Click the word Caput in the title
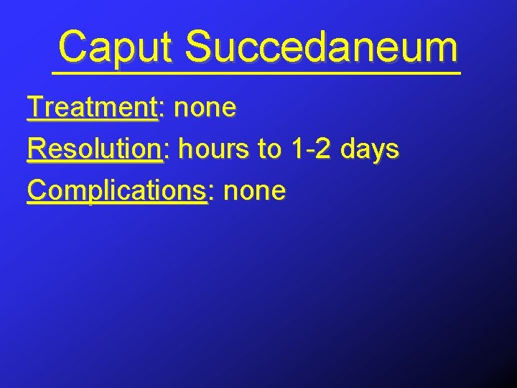pyautogui.click(x=115, y=47)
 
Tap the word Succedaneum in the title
pyautogui.click(x=320, y=47)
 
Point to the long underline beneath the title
pyautogui.click(x=256, y=73)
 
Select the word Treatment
pyautogui.click(x=91, y=108)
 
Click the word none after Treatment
pyautogui.click(x=205, y=108)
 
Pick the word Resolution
pyautogui.click(x=94, y=149)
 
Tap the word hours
pyautogui.click(x=214, y=149)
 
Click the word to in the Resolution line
pyautogui.click(x=269, y=149)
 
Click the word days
pyautogui.click(x=370, y=149)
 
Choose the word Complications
pyautogui.click(x=116, y=191)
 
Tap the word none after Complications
pyautogui.click(x=254, y=191)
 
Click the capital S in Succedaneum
pyautogui.click(x=197, y=47)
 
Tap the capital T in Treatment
pyautogui.click(x=34, y=108)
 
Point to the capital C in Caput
pyautogui.click(x=73, y=47)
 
